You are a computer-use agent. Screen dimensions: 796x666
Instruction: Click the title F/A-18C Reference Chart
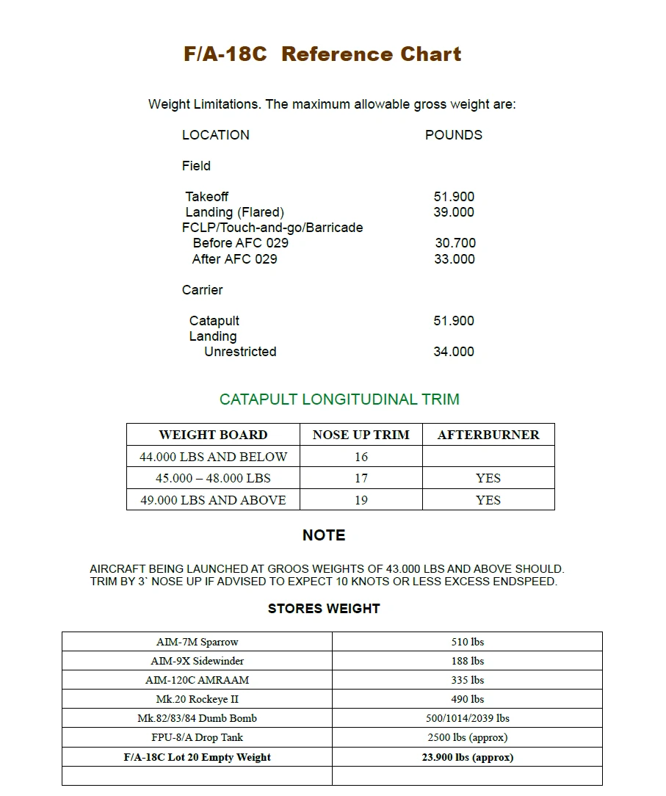322,54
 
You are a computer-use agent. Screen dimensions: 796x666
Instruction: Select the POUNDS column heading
453,135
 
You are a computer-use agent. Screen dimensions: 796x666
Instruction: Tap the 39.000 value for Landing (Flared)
454,212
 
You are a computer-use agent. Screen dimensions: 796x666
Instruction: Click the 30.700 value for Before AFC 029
455,243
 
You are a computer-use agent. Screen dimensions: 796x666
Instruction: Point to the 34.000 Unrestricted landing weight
454,352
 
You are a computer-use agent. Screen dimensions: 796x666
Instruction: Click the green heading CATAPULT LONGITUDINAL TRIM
339,399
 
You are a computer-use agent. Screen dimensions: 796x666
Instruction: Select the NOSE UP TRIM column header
361,435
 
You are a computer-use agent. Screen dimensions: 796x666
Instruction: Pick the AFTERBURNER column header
488,435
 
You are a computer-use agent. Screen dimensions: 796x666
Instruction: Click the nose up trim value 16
361,457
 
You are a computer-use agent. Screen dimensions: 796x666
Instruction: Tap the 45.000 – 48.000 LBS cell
213,478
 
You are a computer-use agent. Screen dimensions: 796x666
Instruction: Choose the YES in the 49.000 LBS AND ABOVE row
488,500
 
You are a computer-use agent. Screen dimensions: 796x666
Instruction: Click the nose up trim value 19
361,500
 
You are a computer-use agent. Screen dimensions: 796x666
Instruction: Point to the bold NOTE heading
324,535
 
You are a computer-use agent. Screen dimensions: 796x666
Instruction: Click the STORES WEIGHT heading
324,609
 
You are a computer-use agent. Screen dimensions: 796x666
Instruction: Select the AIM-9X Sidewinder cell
197,661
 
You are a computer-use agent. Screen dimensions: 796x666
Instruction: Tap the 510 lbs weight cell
467,642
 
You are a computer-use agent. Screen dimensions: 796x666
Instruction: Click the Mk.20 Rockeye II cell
197,699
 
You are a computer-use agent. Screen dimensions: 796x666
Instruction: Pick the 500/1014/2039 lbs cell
467,718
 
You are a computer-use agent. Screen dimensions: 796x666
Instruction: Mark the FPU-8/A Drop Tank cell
197,737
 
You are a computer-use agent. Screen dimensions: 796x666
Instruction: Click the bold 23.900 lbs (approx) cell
467,757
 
